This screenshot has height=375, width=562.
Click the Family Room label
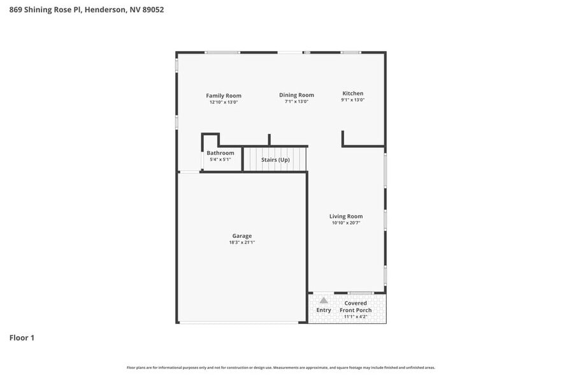point(223,96)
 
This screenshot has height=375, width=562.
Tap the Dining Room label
point(296,95)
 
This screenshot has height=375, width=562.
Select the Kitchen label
point(352,93)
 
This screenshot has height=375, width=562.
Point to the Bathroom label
point(220,153)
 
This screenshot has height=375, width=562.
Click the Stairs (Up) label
point(275,159)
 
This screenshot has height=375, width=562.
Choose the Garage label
point(241,236)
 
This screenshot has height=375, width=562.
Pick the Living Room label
point(346,216)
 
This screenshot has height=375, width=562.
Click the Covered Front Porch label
point(356,307)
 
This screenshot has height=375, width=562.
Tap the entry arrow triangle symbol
point(324,300)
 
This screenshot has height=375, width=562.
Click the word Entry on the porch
point(324,310)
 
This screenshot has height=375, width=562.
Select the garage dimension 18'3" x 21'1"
point(241,242)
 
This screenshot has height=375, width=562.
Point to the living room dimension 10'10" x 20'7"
point(346,223)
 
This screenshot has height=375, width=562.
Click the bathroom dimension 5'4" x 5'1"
point(220,159)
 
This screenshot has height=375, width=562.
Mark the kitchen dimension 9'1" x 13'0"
point(352,99)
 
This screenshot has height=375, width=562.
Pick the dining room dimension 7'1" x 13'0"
point(296,101)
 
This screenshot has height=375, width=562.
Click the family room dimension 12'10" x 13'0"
point(223,102)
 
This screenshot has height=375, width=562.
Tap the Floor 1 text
point(22,337)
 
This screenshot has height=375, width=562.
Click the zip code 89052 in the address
point(152,10)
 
